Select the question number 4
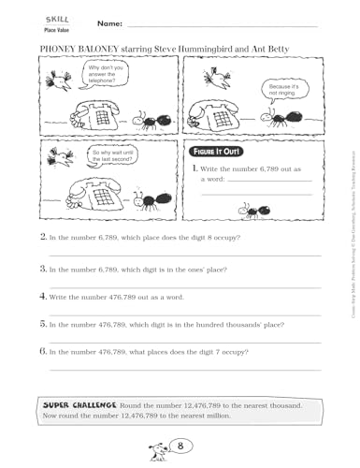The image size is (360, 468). point(43,295)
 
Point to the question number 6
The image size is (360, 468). point(43,352)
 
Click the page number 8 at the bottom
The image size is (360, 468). point(183,447)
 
